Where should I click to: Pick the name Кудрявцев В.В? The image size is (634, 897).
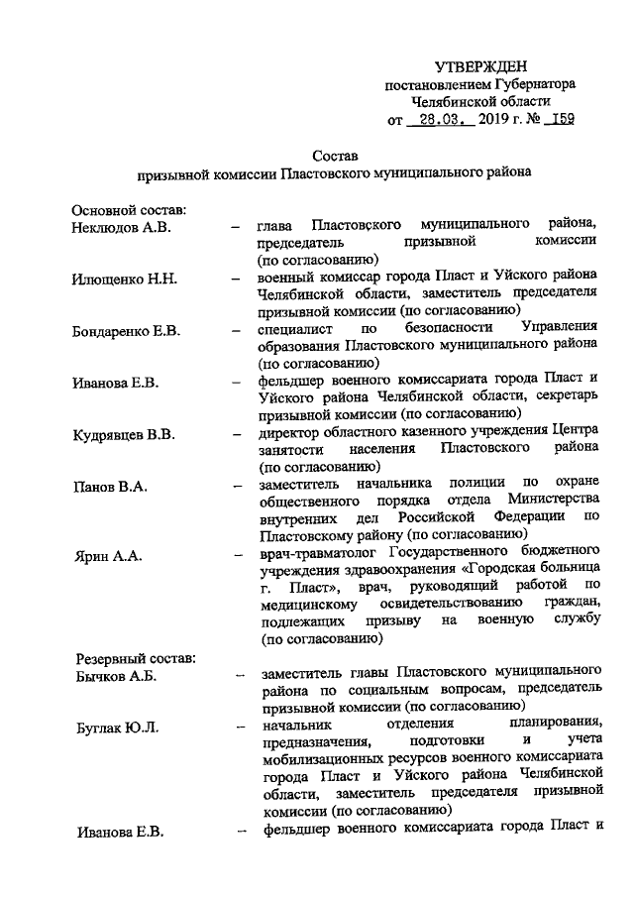click(x=124, y=434)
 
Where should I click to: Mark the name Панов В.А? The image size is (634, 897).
click(x=110, y=487)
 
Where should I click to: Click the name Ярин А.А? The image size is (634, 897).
click(x=107, y=556)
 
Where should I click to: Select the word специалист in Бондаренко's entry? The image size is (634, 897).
click(x=292, y=327)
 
